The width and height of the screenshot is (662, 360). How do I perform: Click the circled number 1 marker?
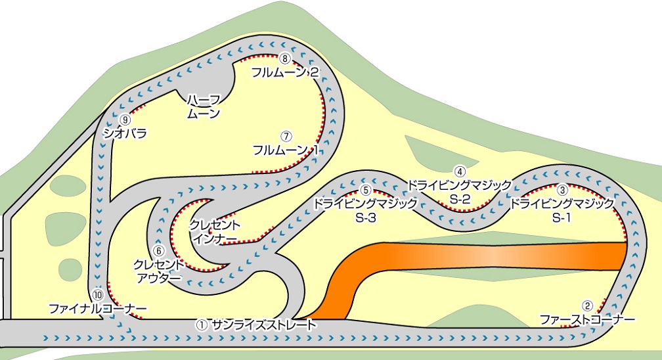[202, 325]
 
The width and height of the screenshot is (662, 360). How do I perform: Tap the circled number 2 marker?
[587, 305]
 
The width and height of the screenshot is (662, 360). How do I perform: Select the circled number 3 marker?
[562, 190]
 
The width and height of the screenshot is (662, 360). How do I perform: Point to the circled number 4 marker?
[460, 171]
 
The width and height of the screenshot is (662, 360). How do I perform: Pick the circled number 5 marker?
[366, 191]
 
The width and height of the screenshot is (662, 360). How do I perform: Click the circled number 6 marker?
[159, 251]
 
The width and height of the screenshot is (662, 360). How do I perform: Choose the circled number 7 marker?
[286, 137]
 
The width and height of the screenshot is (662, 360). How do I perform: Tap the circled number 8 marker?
[286, 58]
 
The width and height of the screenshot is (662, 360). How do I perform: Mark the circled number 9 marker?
[125, 120]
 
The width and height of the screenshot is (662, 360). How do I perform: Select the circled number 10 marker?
[97, 294]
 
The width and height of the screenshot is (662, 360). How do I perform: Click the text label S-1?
[562, 218]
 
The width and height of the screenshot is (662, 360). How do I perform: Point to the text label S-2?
[460, 199]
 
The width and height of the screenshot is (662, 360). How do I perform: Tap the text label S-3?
[366, 218]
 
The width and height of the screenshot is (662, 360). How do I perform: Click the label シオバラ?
[125, 133]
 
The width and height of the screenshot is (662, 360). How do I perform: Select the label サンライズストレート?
[264, 325]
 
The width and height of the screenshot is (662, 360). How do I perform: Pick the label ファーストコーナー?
[587, 319]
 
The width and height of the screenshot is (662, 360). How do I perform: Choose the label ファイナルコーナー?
[98, 309]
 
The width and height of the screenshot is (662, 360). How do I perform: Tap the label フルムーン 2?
[285, 72]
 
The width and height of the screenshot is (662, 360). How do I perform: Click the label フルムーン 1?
[285, 150]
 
